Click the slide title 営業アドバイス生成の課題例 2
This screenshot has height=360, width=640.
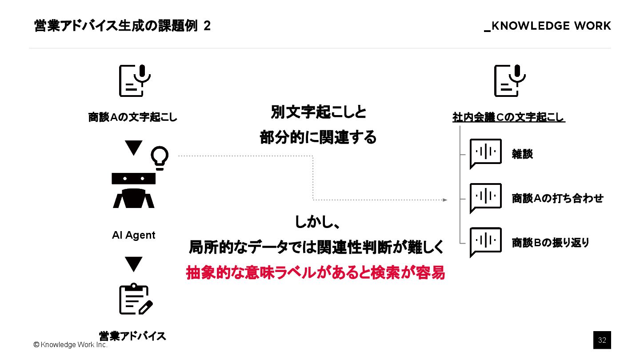pos(122,26)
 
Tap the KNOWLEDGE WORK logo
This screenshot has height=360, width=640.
pos(548,26)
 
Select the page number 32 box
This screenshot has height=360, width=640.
pos(602,340)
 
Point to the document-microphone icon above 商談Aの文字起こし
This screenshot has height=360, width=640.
pos(134,80)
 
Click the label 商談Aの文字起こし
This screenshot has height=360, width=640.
pos(133,118)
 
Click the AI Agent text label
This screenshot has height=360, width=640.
pos(133,235)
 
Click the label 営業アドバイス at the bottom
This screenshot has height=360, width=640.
pos(132,336)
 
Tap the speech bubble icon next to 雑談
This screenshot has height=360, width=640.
pos(485,153)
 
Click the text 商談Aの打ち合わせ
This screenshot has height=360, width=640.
pos(557,198)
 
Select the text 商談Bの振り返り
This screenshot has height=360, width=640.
pos(550,243)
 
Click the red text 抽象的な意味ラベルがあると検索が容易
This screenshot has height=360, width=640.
pos(315,273)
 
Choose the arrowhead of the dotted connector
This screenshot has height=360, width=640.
pos(445,200)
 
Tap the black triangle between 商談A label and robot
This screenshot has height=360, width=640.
pos(133,148)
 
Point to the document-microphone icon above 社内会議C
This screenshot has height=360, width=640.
pos(509,80)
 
